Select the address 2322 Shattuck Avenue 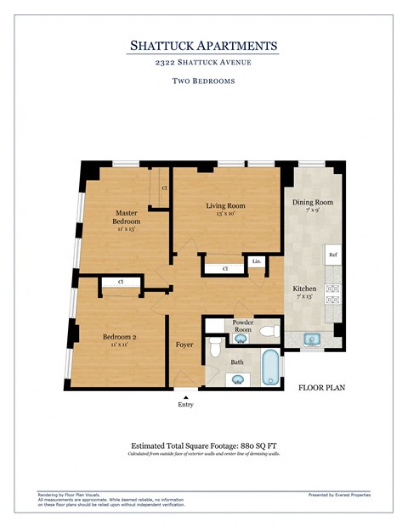(x=203, y=63)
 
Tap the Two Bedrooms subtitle (x=203, y=81)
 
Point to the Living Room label (x=225, y=206)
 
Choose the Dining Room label (x=313, y=203)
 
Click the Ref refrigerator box (x=333, y=254)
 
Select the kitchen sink (x=312, y=339)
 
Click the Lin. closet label (x=256, y=262)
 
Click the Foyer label (x=184, y=345)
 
